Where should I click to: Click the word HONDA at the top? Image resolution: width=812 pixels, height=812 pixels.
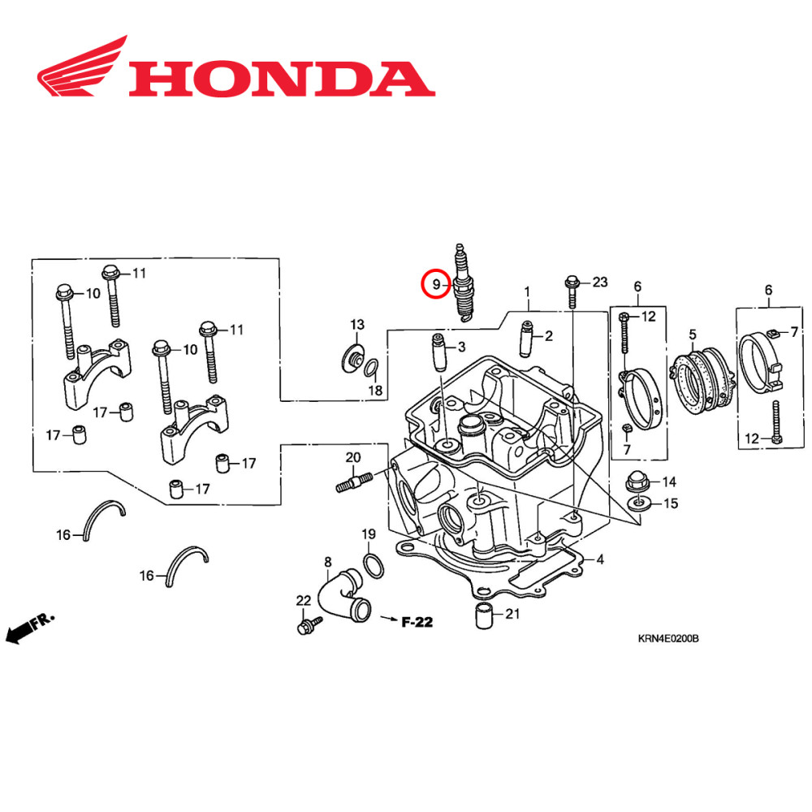click(280, 80)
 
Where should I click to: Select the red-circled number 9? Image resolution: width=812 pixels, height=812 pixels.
click(436, 284)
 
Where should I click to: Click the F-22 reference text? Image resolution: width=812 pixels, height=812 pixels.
click(417, 623)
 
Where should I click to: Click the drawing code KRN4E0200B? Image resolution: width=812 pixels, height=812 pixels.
click(667, 639)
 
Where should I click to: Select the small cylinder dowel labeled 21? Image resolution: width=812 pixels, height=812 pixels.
click(484, 616)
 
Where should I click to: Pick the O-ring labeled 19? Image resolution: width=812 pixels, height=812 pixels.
click(373, 565)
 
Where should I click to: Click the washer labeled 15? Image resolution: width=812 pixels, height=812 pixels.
click(641, 504)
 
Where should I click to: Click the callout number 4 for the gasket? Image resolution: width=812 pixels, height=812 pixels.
click(600, 559)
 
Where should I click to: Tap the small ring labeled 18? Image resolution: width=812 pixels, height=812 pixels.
click(369, 369)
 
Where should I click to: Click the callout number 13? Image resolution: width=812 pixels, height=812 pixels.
click(357, 326)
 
